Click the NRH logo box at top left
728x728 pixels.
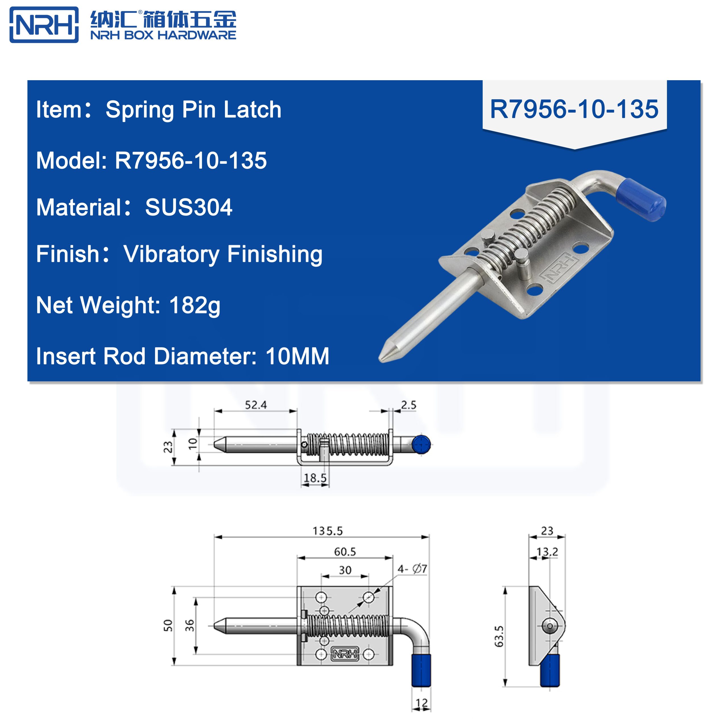tap(44, 25)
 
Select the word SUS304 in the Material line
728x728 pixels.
tap(189, 207)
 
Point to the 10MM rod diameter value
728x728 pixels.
tap(297, 356)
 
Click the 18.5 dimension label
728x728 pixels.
tap(315, 478)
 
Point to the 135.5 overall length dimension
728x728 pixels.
tap(327, 531)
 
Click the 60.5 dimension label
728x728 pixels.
tap(345, 552)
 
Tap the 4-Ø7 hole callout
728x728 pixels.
tap(412, 569)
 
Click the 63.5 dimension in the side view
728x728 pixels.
tap(499, 636)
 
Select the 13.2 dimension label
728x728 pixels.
tap(547, 552)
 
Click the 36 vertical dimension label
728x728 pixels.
tap(190, 626)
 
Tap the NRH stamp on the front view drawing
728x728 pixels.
tap(345, 654)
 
